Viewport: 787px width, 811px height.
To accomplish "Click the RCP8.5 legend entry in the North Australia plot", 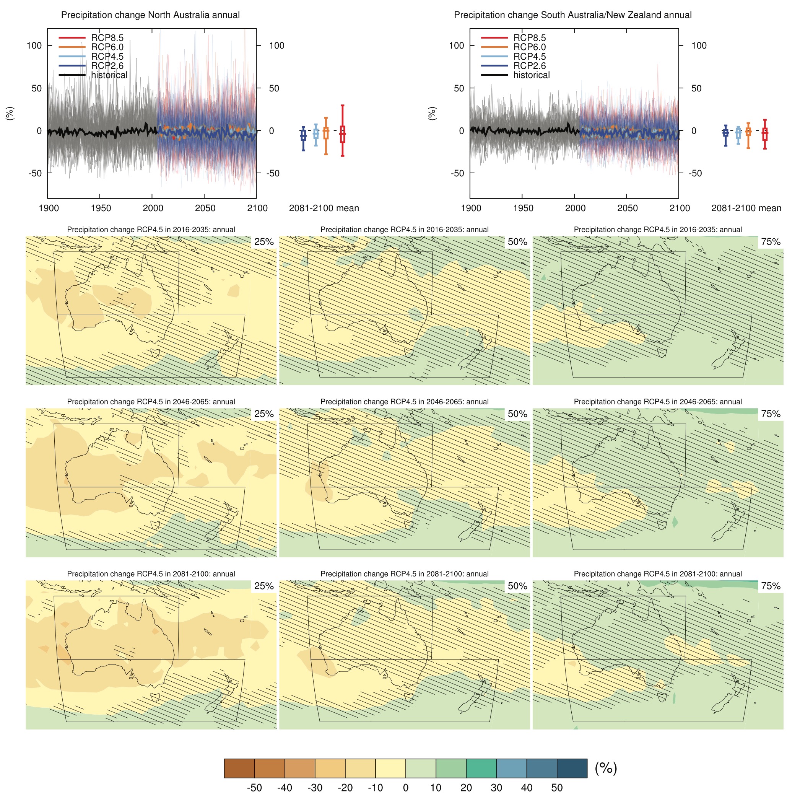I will [107, 37].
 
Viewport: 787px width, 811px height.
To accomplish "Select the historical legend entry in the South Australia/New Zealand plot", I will [531, 75].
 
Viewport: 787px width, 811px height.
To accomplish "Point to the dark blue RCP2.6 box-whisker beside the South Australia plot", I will [725, 132].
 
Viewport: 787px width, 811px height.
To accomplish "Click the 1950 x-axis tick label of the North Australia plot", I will [101, 208].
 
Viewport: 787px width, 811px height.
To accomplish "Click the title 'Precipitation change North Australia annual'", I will [150, 15].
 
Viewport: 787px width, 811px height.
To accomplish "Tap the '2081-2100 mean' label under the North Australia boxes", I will [324, 208].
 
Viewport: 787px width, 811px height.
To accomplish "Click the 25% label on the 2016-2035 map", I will [264, 242].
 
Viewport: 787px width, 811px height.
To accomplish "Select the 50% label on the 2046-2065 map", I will [517, 414].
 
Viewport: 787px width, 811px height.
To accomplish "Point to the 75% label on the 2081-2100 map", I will [771, 586].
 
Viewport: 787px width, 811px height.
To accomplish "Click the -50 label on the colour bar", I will [254, 788].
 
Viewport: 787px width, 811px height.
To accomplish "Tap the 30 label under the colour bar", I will [496, 788].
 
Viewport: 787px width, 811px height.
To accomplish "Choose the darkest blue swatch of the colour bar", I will [572, 769].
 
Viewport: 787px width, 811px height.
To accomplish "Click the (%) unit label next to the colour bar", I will [605, 768].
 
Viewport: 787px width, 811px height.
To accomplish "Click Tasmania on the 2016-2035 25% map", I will [156, 353].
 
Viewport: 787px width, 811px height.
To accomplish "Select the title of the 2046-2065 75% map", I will [658, 402].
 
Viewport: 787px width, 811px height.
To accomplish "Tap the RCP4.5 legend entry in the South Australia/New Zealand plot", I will [529, 56].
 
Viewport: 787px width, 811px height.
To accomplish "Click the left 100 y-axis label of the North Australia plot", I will [34, 46].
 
